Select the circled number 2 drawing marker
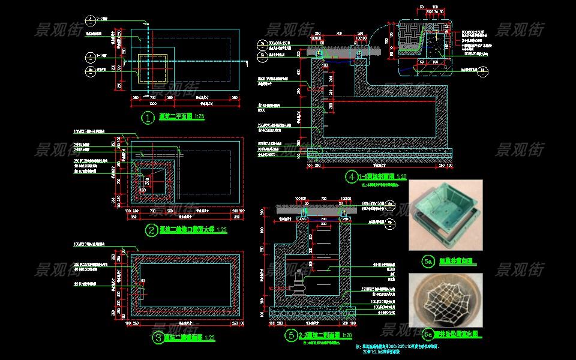(x=151, y=229)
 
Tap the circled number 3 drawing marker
(x=158, y=338)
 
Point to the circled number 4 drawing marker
(x=350, y=177)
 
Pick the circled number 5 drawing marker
(x=290, y=335)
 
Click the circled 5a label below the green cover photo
(x=428, y=261)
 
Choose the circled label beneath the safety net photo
(x=428, y=334)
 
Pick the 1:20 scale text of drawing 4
(x=400, y=177)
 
